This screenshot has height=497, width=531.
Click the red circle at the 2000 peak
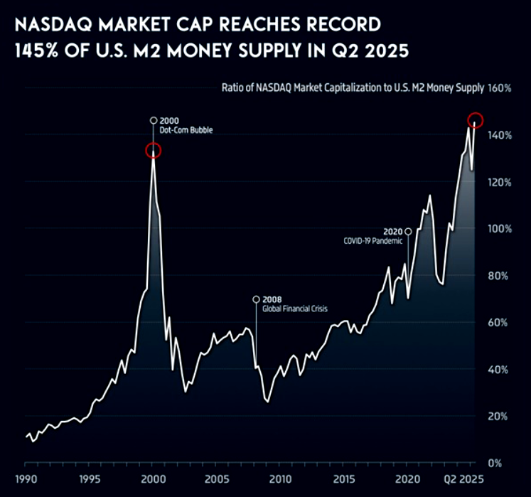[154, 150]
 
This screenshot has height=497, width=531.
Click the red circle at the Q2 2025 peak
[476, 119]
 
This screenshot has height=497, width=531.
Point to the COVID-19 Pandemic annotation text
[373, 241]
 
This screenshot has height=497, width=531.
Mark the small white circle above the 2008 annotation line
[256, 299]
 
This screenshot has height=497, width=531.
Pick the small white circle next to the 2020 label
[408, 231]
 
